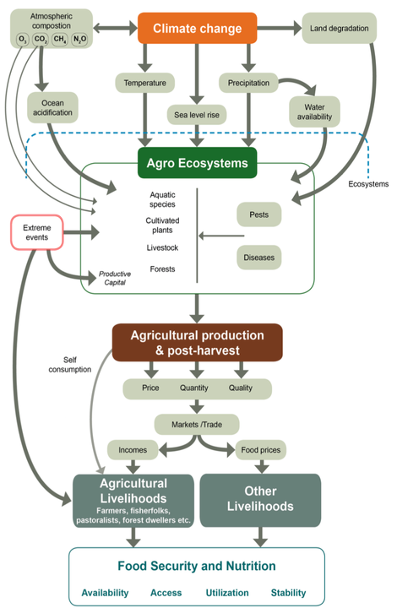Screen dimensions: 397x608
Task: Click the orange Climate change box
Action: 198,28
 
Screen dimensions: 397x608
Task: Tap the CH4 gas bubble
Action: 60,39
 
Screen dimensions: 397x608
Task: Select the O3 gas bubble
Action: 23,39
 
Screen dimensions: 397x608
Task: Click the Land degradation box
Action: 340,28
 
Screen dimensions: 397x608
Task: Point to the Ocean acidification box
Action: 52,107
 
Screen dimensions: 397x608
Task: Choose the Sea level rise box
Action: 197,115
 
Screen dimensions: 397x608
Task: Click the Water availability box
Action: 314,111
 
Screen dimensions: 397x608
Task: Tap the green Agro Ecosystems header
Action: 198,163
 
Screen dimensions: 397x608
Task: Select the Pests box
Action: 259,214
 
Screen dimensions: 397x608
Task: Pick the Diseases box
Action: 259,258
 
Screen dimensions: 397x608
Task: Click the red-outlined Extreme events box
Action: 37,232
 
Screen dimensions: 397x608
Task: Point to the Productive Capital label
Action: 115,278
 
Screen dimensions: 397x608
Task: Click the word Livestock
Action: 162,247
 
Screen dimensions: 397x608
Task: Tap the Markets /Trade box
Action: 197,425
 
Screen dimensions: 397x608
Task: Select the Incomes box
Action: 133,450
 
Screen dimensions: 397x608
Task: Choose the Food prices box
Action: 260,450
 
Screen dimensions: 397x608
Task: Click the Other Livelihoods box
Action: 260,500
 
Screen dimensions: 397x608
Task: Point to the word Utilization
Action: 227,593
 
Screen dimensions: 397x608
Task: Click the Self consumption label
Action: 70,365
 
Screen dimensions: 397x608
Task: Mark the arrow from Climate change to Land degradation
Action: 279,28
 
